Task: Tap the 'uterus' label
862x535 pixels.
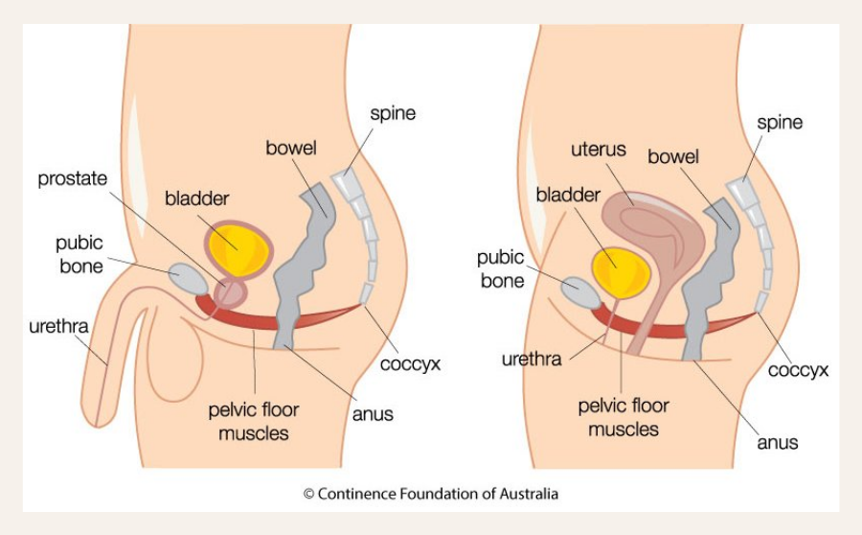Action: (x=598, y=151)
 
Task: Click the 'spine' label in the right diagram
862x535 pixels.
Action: (x=779, y=123)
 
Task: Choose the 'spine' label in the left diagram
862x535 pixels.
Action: (x=393, y=113)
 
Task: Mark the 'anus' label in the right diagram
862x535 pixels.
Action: (x=777, y=443)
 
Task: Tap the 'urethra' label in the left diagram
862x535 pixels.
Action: (x=57, y=326)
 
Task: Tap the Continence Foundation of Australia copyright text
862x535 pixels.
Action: (x=430, y=495)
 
